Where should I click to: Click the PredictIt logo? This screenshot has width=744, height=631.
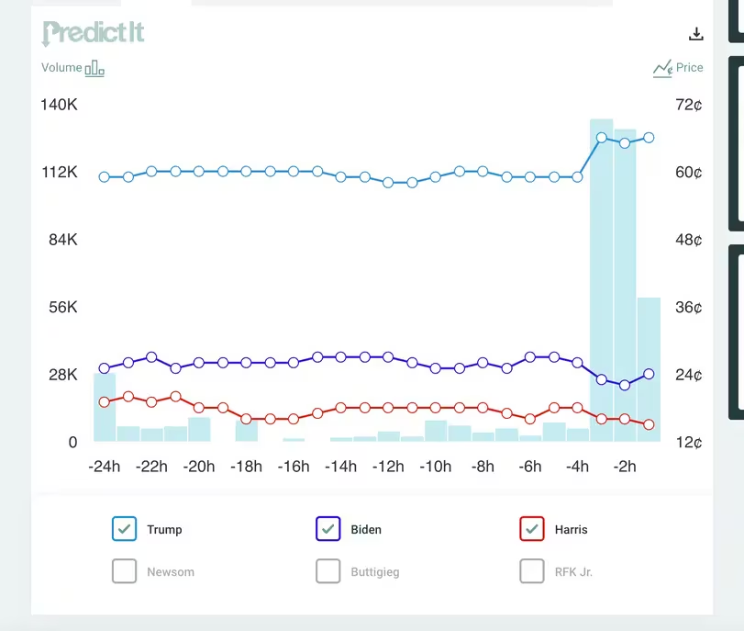pos(93,33)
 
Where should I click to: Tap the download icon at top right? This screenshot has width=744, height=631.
pos(696,35)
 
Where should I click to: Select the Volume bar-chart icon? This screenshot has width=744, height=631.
pos(94,68)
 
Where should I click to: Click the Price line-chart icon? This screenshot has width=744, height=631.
pos(662,68)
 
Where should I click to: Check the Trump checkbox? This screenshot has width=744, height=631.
pos(124,528)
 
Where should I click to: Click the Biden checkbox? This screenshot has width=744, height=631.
pos(328,528)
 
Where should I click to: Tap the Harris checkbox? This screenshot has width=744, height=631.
pos(532,528)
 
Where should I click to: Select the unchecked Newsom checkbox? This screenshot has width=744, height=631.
pos(124,571)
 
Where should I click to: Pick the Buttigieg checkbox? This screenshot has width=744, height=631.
pos(328,571)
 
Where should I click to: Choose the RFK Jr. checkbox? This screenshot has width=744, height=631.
pos(532,571)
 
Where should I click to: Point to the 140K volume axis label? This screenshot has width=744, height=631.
pos(59,105)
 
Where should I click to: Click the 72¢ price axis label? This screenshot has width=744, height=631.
pos(688,105)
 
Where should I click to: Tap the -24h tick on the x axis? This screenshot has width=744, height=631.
pos(104,467)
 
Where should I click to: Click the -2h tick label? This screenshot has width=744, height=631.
pos(625,467)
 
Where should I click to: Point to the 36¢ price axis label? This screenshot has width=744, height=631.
pos(688,308)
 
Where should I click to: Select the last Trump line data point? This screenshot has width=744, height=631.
pos(649,138)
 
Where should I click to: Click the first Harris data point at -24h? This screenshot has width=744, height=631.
pos(105,401)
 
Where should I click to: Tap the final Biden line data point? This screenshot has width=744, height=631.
pos(649,374)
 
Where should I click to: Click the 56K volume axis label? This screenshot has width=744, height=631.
pos(62,308)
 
